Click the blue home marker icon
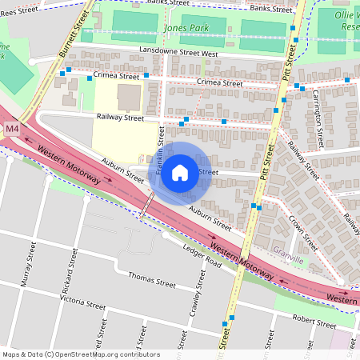[x=180, y=172]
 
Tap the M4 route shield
[x=11, y=128]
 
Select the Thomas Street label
[x=151, y=282]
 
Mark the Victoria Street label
[x=82, y=302]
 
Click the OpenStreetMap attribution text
[x=80, y=354]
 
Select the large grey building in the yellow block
[x=128, y=97]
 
